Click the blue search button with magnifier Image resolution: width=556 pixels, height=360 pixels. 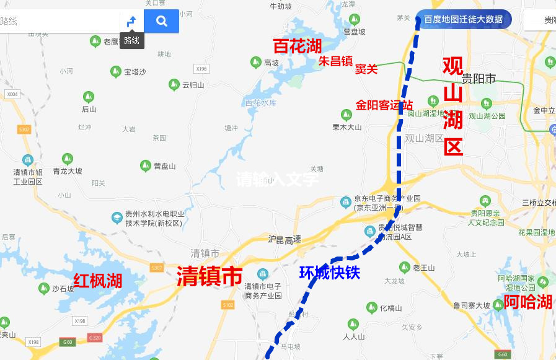[161, 21]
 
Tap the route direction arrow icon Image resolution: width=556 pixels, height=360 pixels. [131, 22]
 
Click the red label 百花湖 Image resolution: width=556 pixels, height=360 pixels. [298, 46]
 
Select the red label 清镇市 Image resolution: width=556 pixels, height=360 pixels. [209, 276]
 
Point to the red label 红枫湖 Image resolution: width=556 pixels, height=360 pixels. [98, 281]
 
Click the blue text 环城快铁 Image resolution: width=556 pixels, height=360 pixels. [329, 273]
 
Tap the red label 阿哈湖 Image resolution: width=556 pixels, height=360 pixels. [527, 302]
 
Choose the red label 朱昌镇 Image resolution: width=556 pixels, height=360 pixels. [335, 61]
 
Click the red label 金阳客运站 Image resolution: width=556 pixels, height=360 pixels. [384, 105]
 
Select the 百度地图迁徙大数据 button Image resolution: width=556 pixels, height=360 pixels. [464, 19]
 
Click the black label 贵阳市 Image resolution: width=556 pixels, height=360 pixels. [479, 79]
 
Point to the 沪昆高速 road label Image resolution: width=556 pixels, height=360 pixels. [285, 239]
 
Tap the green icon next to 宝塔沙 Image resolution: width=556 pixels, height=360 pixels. [115, 72]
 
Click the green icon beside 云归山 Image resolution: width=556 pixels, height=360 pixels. [174, 84]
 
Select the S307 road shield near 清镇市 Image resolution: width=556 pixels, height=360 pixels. [156, 268]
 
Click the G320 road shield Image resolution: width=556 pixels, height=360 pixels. [94, 338]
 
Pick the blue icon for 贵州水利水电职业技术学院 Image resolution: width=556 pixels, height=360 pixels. [117, 217]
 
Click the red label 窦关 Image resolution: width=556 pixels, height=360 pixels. [366, 69]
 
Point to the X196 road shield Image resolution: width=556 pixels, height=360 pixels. [201, 69]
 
